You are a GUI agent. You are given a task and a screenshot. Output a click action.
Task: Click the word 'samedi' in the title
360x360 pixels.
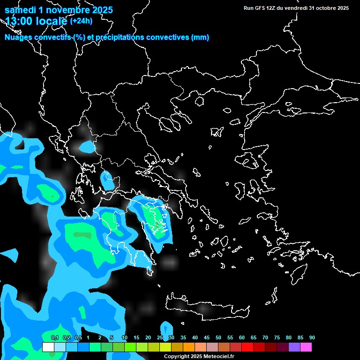[20, 10]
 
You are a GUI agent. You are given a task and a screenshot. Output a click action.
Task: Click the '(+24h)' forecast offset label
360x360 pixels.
[81, 21]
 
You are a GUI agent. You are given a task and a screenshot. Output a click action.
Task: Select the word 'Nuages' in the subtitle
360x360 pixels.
[18, 37]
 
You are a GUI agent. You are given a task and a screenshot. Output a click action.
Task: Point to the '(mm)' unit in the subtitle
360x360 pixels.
[200, 37]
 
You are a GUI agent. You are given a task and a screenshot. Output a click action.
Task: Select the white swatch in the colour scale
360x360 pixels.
[48, 347]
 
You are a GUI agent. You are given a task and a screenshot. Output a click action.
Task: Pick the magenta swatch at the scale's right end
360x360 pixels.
[306, 347]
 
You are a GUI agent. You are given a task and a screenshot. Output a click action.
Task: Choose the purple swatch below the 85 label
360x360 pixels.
[294, 347]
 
